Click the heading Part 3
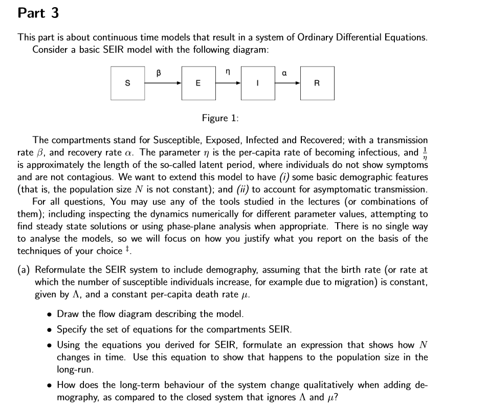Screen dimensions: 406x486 38,13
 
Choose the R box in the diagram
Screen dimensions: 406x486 317,83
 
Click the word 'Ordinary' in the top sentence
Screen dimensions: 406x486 326,38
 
